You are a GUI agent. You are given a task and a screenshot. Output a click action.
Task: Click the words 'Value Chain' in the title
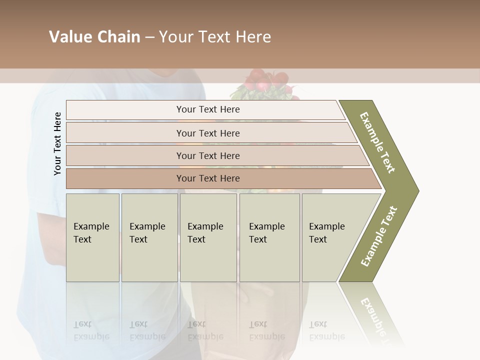pos(94,37)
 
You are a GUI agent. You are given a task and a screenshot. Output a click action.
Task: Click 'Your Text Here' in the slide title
pos(215,37)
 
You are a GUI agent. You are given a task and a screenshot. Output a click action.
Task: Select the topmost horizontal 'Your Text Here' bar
pos(208,109)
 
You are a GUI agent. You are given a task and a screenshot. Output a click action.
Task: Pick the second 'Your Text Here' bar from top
pos(208,133)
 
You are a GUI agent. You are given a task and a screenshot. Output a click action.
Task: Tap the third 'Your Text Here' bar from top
pos(208,155)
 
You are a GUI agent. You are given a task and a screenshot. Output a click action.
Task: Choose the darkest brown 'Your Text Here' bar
pos(208,178)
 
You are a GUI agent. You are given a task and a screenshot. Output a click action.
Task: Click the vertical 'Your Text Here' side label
pos(57,143)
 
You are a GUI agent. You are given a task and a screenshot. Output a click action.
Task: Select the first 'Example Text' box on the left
pos(92,237)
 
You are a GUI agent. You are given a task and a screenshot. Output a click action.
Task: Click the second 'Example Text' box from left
pos(149,237)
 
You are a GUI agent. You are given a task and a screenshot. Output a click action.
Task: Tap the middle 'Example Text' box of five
pos(208,237)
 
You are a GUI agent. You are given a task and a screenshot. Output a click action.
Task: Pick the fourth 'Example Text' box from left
pos(269,237)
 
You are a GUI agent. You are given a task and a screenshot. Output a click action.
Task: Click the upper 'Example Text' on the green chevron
pos(377,142)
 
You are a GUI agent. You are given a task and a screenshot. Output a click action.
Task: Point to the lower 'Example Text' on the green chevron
pos(379,236)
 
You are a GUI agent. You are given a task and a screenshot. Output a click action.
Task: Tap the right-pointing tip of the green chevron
pos(416,190)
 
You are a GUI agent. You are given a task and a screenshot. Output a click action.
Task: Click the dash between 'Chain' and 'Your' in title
pos(149,37)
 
